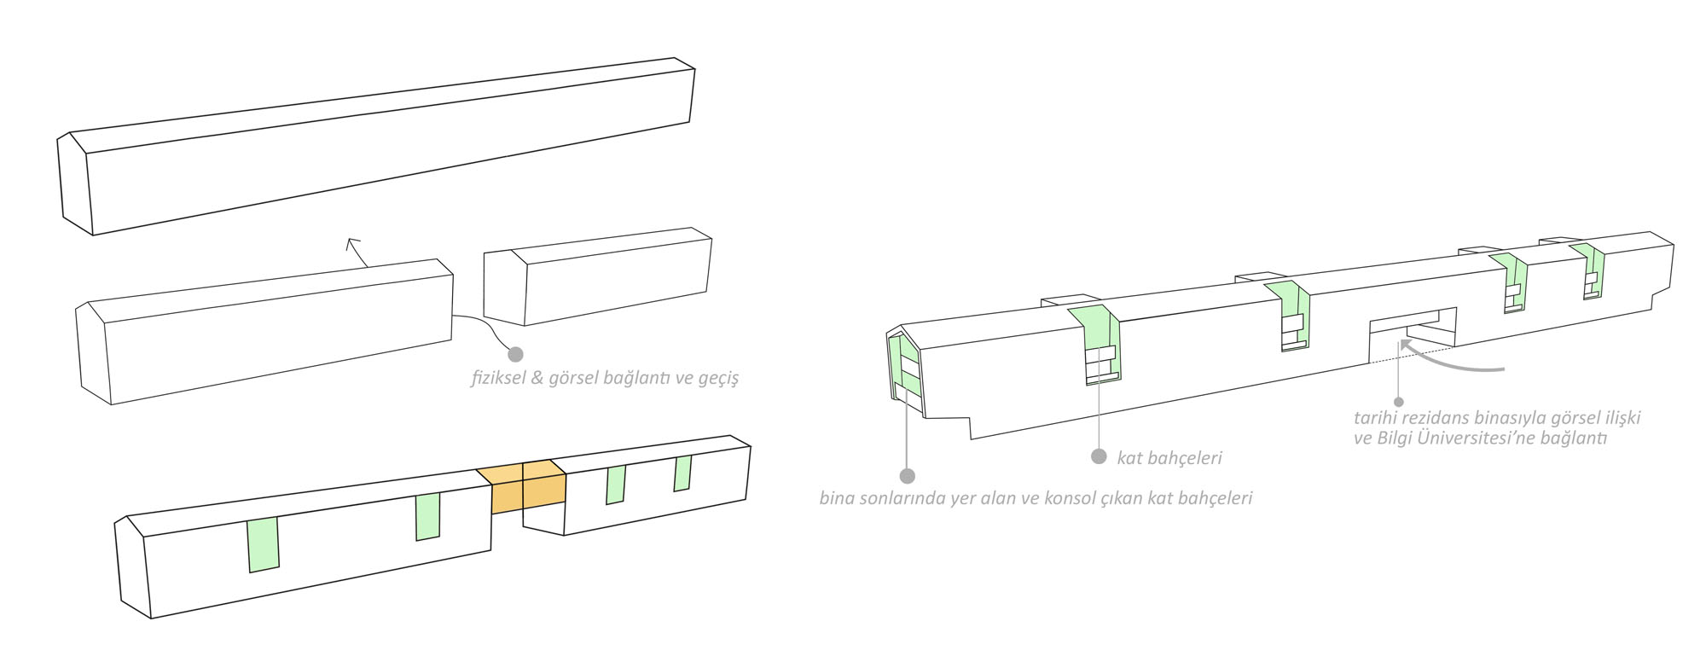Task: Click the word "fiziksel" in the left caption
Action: pyautogui.click(x=498, y=377)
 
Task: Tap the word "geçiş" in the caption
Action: pyautogui.click(x=717, y=378)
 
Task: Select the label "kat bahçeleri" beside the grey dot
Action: pyautogui.click(x=1169, y=458)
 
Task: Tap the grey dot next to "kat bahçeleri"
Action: pyautogui.click(x=1099, y=456)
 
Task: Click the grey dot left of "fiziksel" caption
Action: pyautogui.click(x=515, y=353)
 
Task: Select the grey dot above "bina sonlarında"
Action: pyautogui.click(x=907, y=476)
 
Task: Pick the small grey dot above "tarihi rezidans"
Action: pyautogui.click(x=1398, y=401)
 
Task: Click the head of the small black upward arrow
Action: pyautogui.click(x=351, y=243)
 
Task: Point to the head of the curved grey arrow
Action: pyautogui.click(x=1403, y=344)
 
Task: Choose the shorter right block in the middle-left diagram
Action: pyautogui.click(x=597, y=276)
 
